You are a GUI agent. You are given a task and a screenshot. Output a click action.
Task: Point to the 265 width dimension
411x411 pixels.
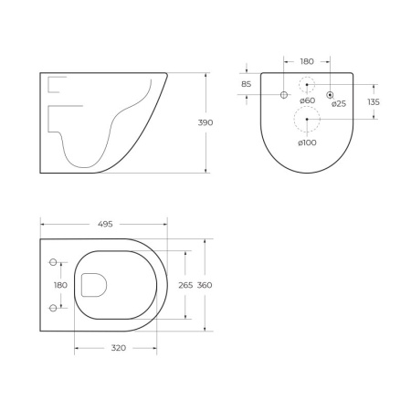click(184, 286)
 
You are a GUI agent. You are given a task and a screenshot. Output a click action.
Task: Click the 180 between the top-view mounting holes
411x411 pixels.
click(60, 286)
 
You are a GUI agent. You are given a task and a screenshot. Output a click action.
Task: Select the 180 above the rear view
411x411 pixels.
click(307, 62)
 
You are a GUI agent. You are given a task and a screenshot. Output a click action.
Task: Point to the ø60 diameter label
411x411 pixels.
click(308, 101)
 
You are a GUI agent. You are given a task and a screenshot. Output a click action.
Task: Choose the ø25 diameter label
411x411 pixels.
click(338, 103)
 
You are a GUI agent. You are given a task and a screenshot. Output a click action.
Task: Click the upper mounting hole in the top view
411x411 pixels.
click(53, 263)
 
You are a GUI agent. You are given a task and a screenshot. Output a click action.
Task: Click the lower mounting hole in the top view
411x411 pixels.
click(53, 308)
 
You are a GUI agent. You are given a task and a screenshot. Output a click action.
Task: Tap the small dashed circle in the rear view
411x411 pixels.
click(308, 84)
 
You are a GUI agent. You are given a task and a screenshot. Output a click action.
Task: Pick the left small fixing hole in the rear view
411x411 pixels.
click(284, 95)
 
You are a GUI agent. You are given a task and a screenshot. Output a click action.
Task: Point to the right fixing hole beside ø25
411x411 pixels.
click(331, 95)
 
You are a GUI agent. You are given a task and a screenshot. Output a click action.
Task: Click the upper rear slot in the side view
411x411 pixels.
click(56, 88)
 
